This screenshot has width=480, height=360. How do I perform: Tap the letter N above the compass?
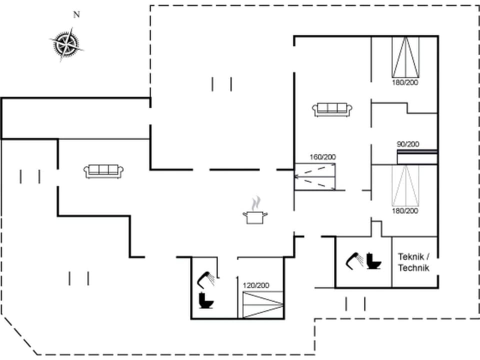point(76,15)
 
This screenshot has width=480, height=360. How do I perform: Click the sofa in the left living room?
point(104,171)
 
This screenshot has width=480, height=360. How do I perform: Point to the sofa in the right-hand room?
point(333,109)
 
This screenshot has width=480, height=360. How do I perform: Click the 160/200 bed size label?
point(322,157)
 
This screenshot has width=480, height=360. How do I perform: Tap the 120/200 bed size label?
point(256,285)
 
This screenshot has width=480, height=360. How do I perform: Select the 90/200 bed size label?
point(408,144)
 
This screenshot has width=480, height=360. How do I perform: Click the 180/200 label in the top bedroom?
point(404,82)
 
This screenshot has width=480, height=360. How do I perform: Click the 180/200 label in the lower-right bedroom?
point(404,211)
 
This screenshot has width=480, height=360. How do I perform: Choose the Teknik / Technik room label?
point(413,262)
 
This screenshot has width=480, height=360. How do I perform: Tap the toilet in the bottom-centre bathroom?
point(205,300)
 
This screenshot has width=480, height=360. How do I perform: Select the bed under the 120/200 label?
point(262,303)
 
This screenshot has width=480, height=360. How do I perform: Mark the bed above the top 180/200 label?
point(404,56)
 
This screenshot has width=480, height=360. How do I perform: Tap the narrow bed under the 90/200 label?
point(416,157)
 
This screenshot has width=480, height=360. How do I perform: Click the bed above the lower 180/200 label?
point(404,185)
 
